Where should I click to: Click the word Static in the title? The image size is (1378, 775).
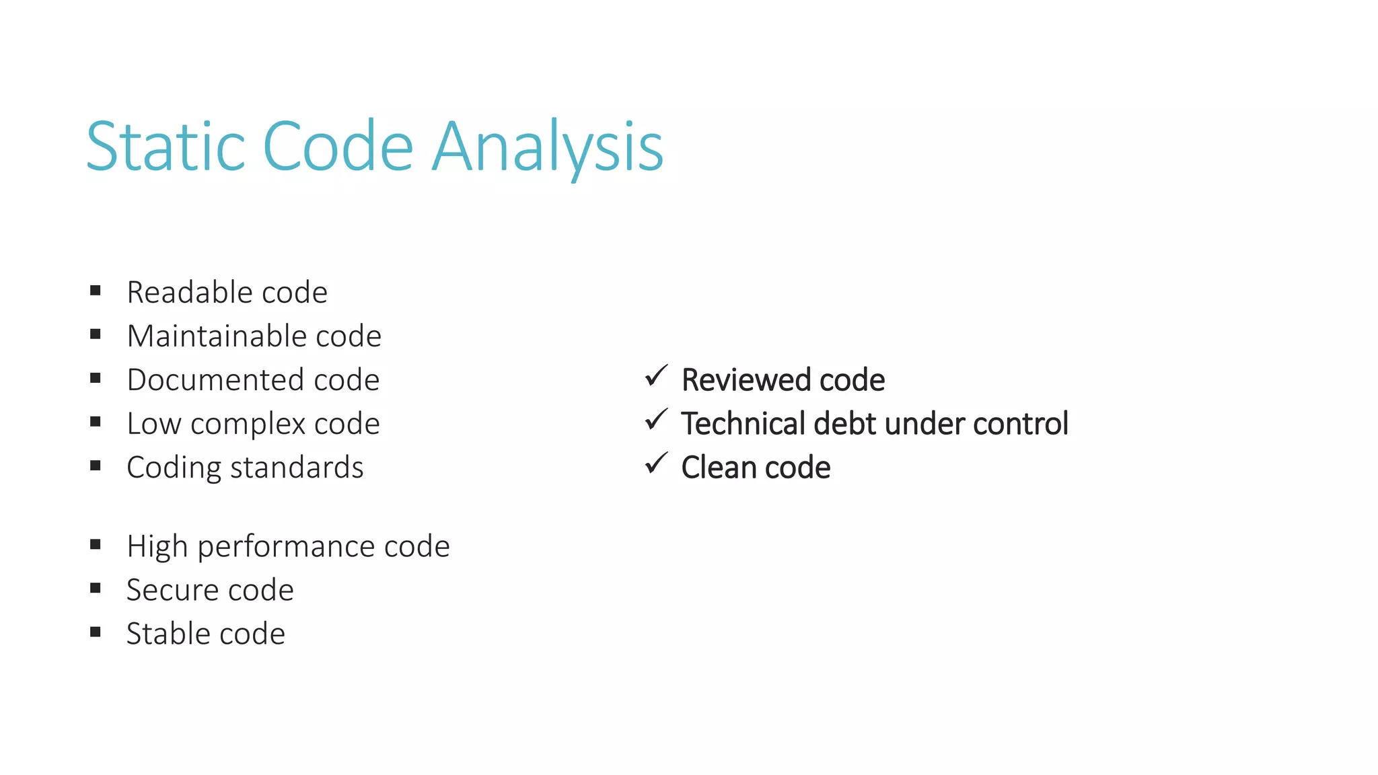(x=165, y=146)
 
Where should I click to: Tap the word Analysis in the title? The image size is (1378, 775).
(x=548, y=147)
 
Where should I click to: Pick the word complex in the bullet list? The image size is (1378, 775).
(x=248, y=425)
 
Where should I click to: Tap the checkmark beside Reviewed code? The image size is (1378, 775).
(x=656, y=376)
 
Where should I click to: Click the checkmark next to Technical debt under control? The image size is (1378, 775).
(x=656, y=420)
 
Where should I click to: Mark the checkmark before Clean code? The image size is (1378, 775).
(x=656, y=464)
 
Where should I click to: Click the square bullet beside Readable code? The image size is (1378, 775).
(x=96, y=291)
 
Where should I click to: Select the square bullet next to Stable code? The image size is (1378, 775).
(x=96, y=632)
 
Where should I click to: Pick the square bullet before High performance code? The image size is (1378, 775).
(x=96, y=544)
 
